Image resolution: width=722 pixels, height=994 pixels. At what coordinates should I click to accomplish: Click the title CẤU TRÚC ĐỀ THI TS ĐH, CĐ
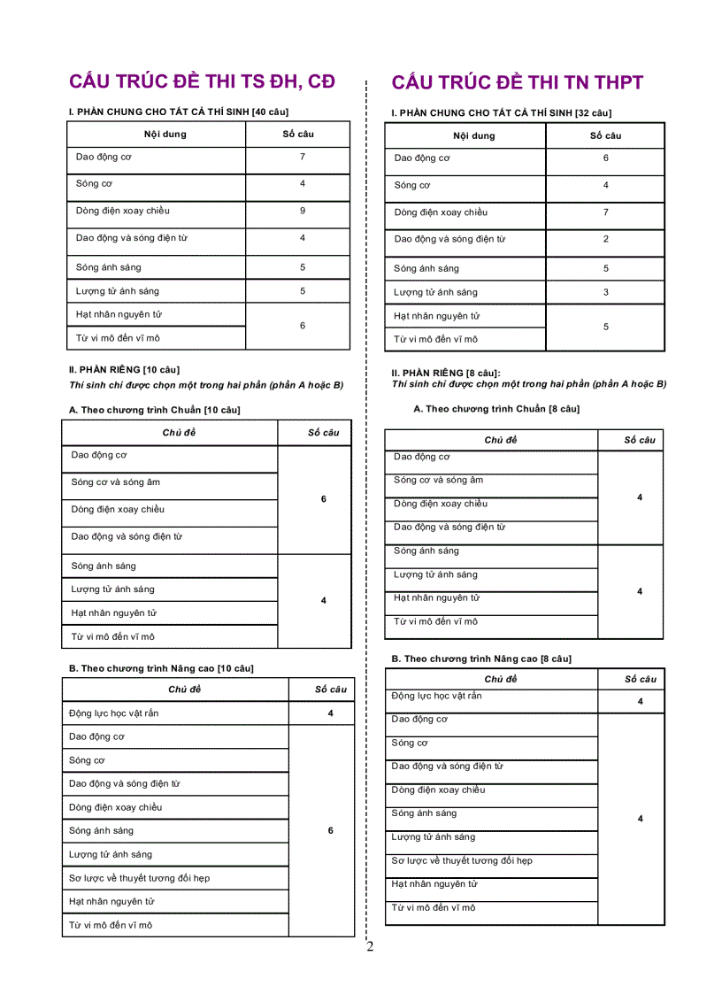pyautogui.click(x=202, y=81)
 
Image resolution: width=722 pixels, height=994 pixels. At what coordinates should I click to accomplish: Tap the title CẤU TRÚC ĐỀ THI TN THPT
pyautogui.click(x=517, y=83)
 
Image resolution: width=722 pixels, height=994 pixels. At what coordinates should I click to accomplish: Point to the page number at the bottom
pyautogui.click(x=370, y=946)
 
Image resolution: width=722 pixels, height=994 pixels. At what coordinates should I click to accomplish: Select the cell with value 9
pyautogui.click(x=302, y=211)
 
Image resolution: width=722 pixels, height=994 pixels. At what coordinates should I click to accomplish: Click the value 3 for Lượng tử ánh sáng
pyautogui.click(x=605, y=292)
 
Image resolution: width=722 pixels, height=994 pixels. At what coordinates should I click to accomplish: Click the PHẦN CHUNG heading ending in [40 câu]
pyautogui.click(x=178, y=112)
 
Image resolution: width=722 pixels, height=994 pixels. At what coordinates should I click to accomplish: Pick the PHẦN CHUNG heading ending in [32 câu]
pyautogui.click(x=501, y=113)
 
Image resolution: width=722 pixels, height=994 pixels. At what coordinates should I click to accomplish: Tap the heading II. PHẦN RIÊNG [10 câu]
pyautogui.click(x=124, y=369)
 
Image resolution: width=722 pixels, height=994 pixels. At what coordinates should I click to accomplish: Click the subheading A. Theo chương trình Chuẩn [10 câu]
pyautogui.click(x=154, y=410)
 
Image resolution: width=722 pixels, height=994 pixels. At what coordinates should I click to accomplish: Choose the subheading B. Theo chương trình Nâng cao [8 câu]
pyautogui.click(x=481, y=659)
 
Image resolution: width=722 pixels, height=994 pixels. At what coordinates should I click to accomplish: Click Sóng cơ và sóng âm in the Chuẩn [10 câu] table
pyautogui.click(x=116, y=482)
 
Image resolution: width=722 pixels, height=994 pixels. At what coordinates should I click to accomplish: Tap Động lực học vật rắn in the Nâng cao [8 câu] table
pyautogui.click(x=436, y=696)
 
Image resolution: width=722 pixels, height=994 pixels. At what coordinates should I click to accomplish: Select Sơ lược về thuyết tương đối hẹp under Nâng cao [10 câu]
pyautogui.click(x=139, y=878)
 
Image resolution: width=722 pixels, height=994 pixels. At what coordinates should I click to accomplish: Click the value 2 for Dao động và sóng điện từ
pyautogui.click(x=605, y=239)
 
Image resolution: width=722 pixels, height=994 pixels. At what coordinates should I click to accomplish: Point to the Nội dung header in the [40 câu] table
pyautogui.click(x=165, y=135)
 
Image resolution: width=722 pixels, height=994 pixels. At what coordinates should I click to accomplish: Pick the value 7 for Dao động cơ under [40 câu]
pyautogui.click(x=302, y=157)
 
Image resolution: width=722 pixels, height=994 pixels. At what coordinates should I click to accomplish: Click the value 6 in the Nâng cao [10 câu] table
pyautogui.click(x=330, y=831)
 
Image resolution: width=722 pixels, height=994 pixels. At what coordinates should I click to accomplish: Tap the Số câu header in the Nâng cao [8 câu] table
pyautogui.click(x=640, y=679)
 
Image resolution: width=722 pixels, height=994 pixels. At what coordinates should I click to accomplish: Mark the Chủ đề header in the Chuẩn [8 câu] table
pyautogui.click(x=500, y=440)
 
